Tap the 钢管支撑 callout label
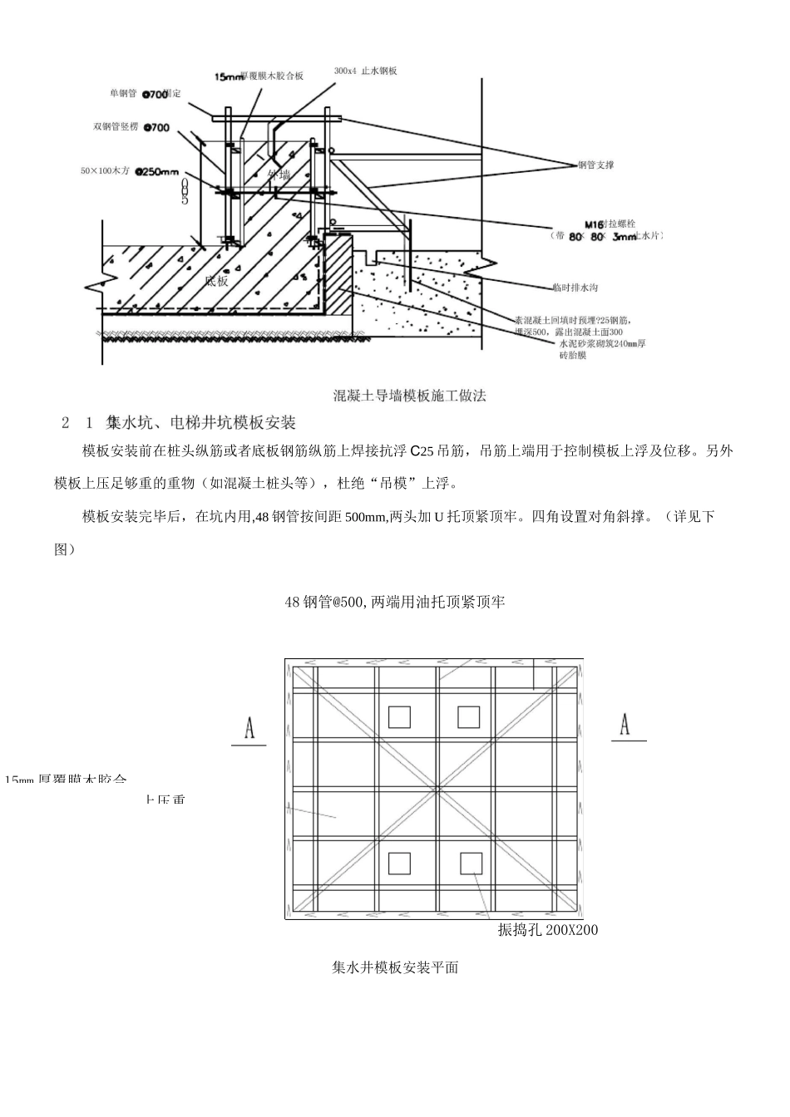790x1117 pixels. pyautogui.click(x=596, y=165)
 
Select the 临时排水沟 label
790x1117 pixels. pyautogui.click(x=575, y=288)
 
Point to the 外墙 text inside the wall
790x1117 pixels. pyautogui.click(x=279, y=175)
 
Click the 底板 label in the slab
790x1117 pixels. pyautogui.click(x=216, y=281)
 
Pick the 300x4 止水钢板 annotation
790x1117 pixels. pyautogui.click(x=365, y=71)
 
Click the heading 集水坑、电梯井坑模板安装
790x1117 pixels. pyautogui.click(x=201, y=423)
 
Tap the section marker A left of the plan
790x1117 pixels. pyautogui.click(x=249, y=729)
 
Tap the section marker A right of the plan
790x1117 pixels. pyautogui.click(x=625, y=725)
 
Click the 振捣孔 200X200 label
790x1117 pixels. pyautogui.click(x=547, y=930)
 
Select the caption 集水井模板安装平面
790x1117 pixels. pyautogui.click(x=395, y=967)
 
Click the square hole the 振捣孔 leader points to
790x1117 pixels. pyautogui.click(x=471, y=864)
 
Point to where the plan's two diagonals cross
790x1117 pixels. pyautogui.click(x=435, y=790)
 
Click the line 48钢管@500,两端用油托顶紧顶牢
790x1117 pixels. pyautogui.click(x=395, y=602)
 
